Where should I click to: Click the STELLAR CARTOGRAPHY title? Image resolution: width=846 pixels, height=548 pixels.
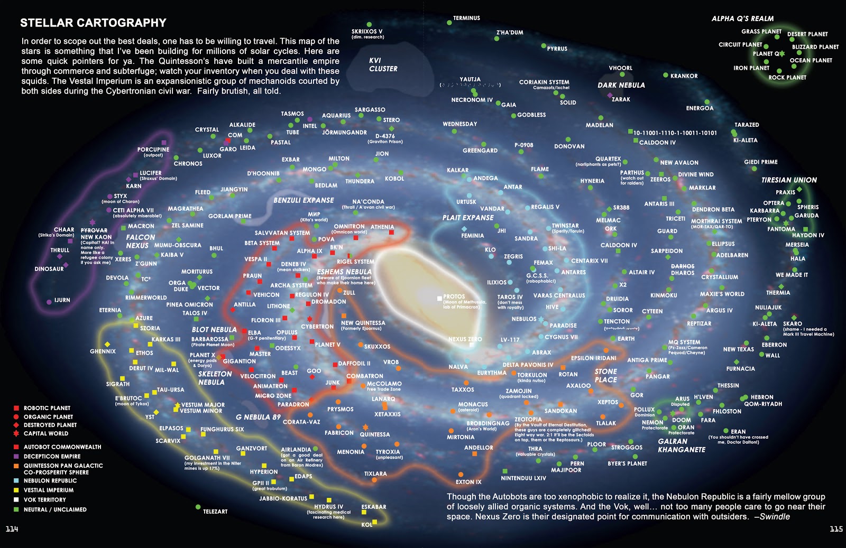pos(93,23)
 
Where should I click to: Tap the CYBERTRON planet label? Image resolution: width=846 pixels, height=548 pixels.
pos(317,327)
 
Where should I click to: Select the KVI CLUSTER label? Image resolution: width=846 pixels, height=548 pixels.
pos(383,64)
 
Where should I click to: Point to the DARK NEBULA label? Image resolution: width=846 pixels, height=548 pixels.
pos(621,85)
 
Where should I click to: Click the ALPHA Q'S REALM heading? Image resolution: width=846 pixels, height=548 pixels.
pos(742,18)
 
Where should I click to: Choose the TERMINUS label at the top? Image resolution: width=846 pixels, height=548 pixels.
pos(466,18)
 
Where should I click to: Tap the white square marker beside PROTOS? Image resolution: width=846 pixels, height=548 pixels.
pos(439,299)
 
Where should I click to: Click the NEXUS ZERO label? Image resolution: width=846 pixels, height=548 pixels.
pos(465,339)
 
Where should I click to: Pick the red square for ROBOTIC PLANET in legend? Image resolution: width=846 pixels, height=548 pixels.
pos(16,408)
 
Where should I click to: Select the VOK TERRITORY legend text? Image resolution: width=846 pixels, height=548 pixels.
pos(45,499)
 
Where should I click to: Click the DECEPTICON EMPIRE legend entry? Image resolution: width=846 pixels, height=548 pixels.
pos(52,456)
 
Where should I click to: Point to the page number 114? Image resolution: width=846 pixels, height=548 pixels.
pos(12,529)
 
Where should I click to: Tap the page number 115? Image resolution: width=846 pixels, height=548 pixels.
pos(836,529)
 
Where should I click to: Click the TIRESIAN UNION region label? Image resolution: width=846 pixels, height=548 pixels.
pos(789,180)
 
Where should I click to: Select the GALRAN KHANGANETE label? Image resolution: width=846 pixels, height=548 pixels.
pos(681,445)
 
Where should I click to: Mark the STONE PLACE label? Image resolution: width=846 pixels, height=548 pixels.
pos(605,375)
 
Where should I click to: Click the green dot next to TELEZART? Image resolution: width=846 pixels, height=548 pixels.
pos(198,507)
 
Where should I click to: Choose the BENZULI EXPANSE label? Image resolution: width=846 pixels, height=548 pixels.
pos(304,200)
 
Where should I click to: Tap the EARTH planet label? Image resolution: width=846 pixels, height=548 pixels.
pos(626,339)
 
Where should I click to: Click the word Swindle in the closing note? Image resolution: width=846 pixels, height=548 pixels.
pos(775,517)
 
